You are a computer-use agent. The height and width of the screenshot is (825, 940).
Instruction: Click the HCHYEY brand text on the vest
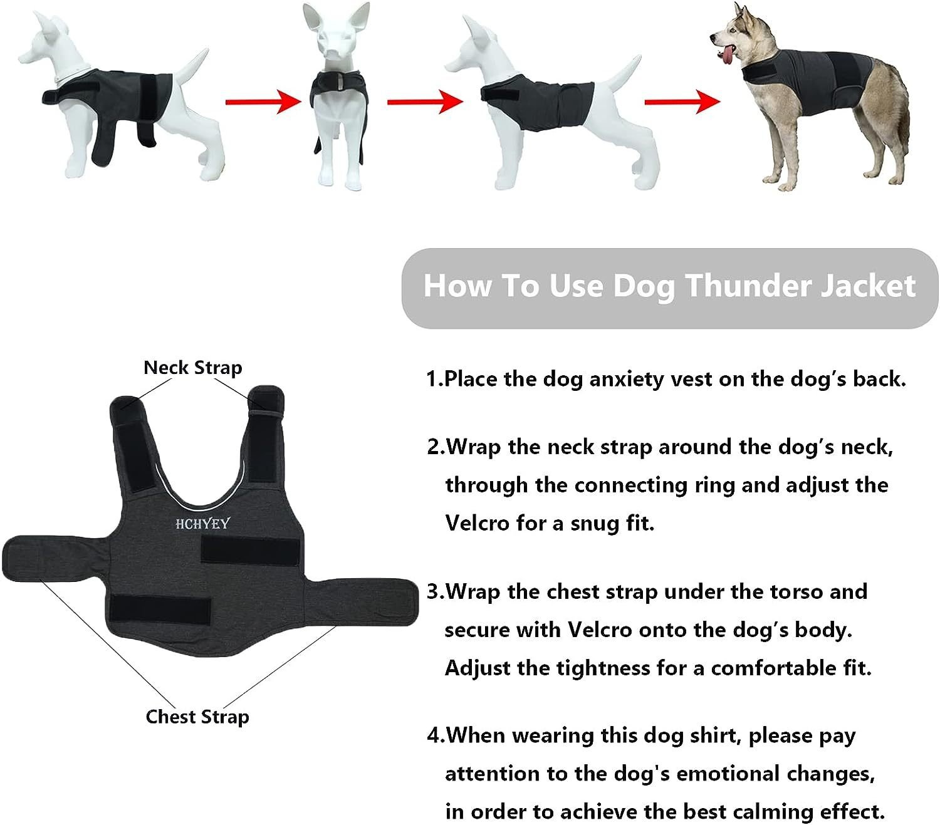(202, 524)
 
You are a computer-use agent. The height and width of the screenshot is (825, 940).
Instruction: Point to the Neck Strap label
(192, 368)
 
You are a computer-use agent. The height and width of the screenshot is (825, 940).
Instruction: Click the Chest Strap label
(197, 717)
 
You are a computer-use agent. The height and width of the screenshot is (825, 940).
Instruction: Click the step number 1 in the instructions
(431, 379)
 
